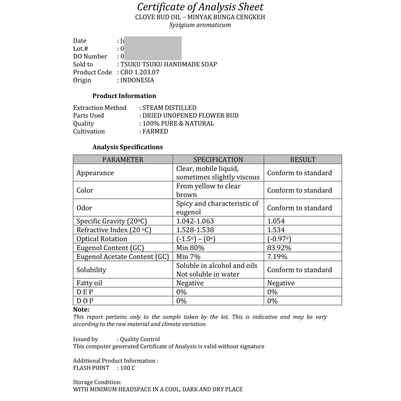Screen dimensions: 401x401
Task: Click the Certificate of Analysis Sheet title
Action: (200, 7)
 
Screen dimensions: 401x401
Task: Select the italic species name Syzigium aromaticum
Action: (200, 25)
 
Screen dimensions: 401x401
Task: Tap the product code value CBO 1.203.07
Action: (140, 72)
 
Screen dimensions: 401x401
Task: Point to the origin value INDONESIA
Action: (137, 80)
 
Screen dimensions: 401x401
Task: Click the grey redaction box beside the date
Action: (153, 48)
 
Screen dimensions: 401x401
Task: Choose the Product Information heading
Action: (124, 96)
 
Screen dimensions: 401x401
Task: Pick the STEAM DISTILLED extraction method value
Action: (169, 108)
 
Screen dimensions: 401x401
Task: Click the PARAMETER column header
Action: (123, 160)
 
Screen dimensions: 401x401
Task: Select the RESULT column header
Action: (303, 160)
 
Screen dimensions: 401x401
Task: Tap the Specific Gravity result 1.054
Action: (276, 221)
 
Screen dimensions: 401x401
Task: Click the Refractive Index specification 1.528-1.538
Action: (195, 230)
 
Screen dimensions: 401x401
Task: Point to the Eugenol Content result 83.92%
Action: (279, 248)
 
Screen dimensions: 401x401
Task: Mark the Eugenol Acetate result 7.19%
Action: (277, 257)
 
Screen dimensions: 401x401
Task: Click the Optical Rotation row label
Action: (102, 239)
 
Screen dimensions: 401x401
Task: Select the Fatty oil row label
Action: (89, 283)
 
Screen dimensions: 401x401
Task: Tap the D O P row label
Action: (85, 301)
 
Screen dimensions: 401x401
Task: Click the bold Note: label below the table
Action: (81, 309)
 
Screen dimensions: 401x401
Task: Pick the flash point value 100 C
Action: (128, 368)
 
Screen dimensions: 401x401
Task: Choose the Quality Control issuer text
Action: (140, 339)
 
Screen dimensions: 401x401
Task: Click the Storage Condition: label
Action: (97, 382)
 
